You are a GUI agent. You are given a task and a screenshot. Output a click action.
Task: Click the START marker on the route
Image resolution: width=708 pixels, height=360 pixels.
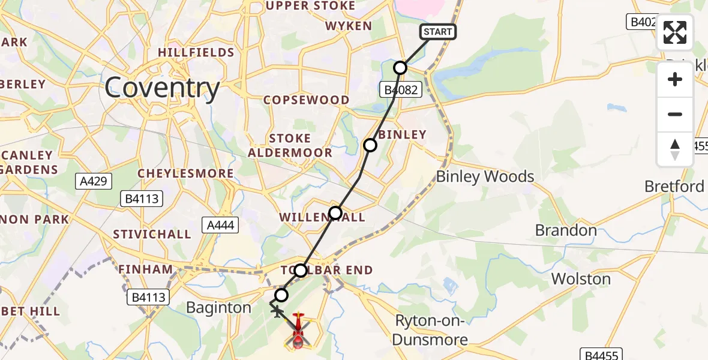(x=437, y=32)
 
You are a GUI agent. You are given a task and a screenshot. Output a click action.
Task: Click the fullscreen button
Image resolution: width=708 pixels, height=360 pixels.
(x=675, y=32)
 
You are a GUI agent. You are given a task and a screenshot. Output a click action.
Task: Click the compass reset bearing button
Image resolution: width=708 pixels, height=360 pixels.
(x=675, y=149)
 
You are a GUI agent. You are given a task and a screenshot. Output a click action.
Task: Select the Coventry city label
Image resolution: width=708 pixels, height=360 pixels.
(x=162, y=89)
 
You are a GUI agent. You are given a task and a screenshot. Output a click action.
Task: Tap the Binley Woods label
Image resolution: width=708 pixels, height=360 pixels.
(x=485, y=176)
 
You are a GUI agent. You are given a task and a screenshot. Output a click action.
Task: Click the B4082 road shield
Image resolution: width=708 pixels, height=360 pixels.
(x=401, y=90)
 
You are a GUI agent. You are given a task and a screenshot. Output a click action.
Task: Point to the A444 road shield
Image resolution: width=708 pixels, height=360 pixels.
(x=221, y=225)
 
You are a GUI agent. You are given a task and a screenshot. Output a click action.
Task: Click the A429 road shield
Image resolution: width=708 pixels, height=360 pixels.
(x=95, y=181)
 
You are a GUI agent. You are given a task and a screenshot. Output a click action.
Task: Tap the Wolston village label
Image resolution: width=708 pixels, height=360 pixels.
(x=581, y=279)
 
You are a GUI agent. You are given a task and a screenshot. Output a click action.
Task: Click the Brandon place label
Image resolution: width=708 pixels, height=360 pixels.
(x=566, y=230)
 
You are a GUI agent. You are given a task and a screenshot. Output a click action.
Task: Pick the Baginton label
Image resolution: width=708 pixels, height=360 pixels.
(x=218, y=308)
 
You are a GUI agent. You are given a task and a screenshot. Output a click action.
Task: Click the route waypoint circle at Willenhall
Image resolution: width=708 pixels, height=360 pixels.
(x=335, y=213)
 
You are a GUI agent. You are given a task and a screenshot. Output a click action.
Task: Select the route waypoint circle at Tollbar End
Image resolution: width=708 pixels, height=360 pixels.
(x=301, y=271)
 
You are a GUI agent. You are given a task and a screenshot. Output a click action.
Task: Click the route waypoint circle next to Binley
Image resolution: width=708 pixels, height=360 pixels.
(x=370, y=145)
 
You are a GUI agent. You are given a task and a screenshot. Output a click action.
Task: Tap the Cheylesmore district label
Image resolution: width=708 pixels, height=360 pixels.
(x=185, y=173)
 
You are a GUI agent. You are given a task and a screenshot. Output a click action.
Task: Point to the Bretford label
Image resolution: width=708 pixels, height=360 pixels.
(x=674, y=187)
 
